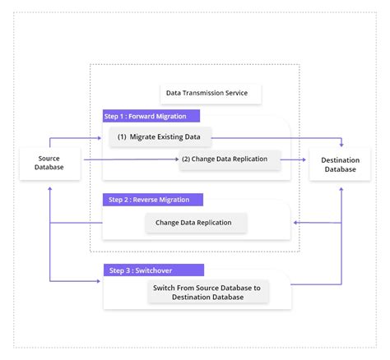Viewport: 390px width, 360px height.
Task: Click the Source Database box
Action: (49, 163)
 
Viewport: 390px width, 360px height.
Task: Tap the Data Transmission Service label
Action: (207, 93)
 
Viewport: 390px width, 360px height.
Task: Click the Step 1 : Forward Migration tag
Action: (151, 116)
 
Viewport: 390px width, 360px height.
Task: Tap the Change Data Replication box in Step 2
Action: (195, 222)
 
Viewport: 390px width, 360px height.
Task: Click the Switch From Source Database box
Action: (206, 292)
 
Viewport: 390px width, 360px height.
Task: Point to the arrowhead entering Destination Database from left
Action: (305, 159)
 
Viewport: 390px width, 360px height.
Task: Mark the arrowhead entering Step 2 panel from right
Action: (295, 222)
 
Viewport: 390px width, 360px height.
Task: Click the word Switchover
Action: (160, 270)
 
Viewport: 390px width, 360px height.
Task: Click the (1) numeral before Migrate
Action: (122, 136)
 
